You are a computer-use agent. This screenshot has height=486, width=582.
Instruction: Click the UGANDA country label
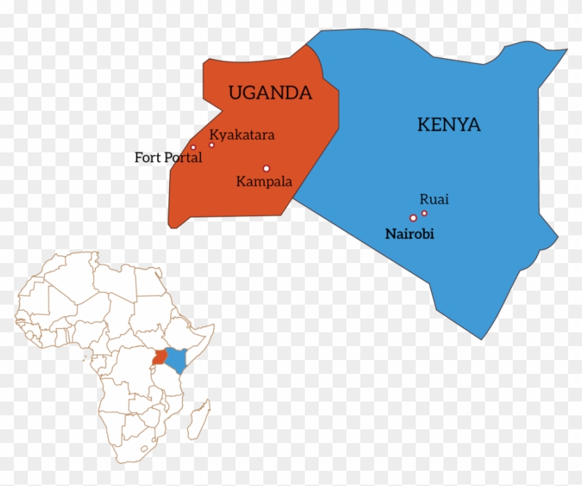(x=270, y=93)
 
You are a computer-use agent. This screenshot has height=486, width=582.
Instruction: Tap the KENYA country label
(x=448, y=125)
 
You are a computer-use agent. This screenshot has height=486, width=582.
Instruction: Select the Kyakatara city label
(x=242, y=135)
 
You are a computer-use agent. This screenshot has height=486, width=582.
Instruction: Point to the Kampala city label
(x=264, y=182)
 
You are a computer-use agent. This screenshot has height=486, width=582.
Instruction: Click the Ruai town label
(x=434, y=199)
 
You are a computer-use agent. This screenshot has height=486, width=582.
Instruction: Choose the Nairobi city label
(x=409, y=234)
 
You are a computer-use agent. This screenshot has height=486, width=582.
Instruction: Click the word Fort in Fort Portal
(x=147, y=158)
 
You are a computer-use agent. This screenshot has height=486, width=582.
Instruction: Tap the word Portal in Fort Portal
(x=182, y=158)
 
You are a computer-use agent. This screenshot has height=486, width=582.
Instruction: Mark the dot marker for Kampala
(x=266, y=168)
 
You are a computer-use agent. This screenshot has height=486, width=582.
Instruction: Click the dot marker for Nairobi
(x=414, y=218)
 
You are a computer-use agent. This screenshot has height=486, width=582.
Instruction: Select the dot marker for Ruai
(x=424, y=213)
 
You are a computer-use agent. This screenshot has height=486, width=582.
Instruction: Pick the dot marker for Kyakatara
(x=212, y=145)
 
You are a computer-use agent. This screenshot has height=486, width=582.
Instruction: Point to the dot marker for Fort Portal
(x=193, y=147)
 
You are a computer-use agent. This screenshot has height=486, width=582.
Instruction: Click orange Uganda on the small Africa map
(x=160, y=357)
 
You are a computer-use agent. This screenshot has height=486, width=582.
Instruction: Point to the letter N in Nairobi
(x=389, y=234)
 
